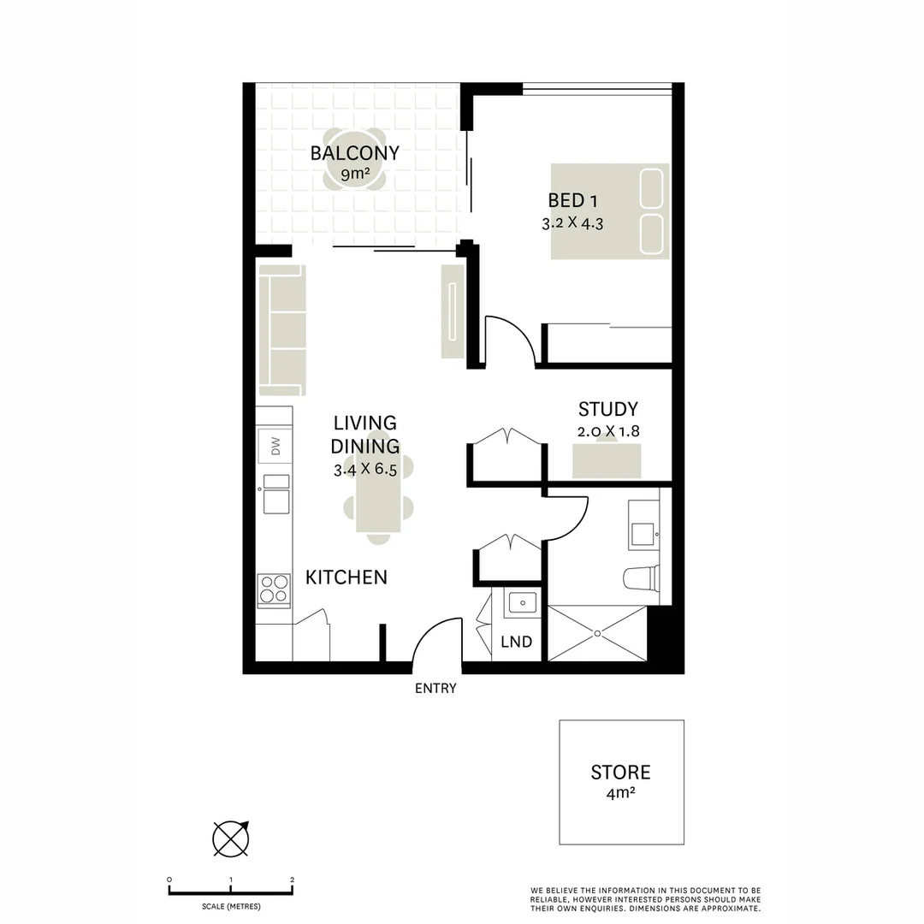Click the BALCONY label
click(355, 153)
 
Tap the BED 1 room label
click(572, 201)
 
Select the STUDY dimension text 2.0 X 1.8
click(608, 431)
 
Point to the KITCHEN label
click(346, 577)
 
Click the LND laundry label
click(517, 642)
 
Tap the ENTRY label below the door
click(435, 688)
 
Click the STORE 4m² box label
click(621, 782)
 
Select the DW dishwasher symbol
click(275, 446)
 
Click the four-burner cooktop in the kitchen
click(274, 589)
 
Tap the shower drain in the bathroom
click(597, 633)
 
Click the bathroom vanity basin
click(643, 533)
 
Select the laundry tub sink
click(522, 603)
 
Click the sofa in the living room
click(282, 330)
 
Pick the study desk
click(607, 461)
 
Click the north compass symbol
click(231, 838)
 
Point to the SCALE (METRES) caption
click(231, 906)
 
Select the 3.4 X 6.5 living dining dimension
click(365, 470)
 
